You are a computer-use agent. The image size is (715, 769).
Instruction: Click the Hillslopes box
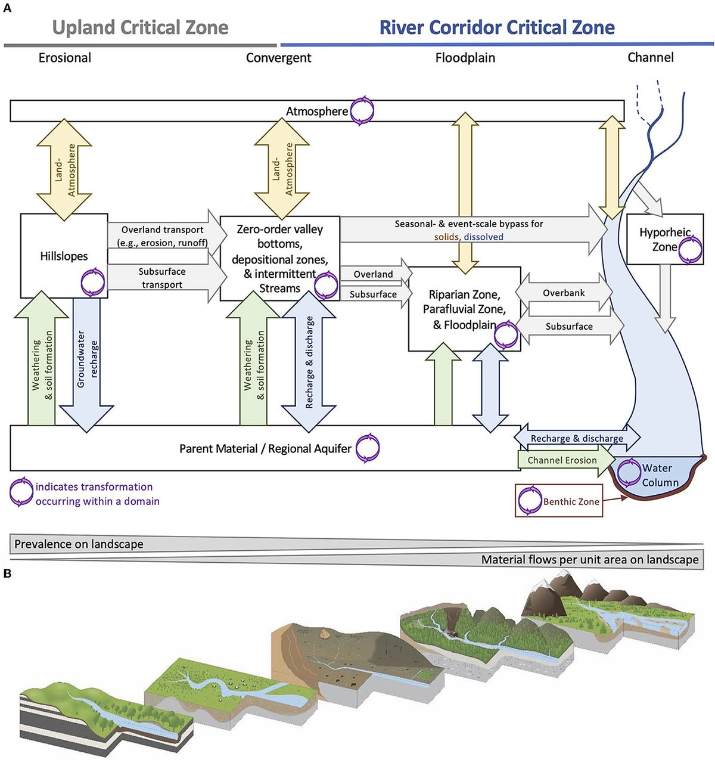[64, 256]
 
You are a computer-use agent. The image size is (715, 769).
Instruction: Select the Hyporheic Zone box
[664, 239]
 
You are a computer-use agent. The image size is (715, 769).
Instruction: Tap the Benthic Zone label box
[559, 501]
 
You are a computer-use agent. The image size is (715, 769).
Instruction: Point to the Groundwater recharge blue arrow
[87, 361]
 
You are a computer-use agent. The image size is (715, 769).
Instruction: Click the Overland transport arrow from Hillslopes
[163, 236]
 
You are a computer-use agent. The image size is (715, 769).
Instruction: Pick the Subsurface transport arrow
[162, 278]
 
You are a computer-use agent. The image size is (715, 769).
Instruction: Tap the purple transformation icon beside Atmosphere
[362, 111]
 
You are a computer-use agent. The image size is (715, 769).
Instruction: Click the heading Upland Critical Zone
[140, 27]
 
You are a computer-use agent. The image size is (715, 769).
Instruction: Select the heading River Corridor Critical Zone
[497, 27]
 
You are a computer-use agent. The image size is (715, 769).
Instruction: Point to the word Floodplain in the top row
[465, 58]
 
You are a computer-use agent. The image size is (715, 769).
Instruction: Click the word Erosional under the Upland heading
[65, 58]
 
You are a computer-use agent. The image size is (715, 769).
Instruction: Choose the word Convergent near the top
[278, 58]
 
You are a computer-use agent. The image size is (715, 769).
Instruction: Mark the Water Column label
[660, 475]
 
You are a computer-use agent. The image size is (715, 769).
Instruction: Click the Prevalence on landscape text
[79, 544]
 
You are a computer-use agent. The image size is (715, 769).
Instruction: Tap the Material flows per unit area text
[589, 560]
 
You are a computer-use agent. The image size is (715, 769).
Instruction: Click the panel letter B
[7, 573]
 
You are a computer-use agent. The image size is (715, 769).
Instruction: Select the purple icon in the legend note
[21, 492]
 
